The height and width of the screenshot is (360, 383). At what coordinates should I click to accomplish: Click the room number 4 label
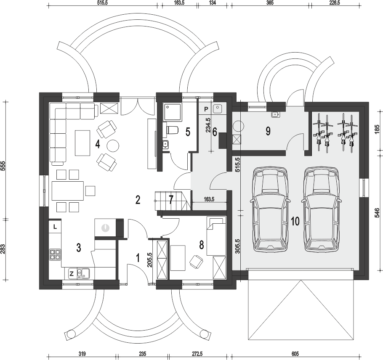[98, 144]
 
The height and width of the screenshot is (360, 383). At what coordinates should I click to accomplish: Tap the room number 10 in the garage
[295, 221]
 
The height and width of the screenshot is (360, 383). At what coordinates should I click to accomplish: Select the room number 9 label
[268, 131]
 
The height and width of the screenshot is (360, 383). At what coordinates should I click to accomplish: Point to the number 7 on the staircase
[171, 200]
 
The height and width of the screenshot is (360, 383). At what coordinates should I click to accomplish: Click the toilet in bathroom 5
[172, 130]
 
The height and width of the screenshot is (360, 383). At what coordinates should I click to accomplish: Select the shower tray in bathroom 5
[173, 112]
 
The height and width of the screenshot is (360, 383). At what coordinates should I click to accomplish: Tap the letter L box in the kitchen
[55, 227]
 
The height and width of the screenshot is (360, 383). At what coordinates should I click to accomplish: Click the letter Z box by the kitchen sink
[72, 274]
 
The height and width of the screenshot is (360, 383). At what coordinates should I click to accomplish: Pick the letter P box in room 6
[206, 109]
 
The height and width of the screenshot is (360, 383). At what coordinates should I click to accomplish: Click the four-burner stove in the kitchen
[55, 254]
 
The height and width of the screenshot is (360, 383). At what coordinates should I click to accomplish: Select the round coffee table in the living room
[113, 146]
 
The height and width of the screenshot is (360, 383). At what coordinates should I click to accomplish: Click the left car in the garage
[270, 209]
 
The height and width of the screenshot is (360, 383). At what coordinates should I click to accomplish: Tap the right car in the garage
[321, 209]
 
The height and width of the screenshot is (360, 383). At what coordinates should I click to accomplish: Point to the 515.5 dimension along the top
[102, 3]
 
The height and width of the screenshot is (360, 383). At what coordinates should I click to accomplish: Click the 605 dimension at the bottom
[295, 354]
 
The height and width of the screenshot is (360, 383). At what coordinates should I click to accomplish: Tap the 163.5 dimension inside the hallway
[209, 199]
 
